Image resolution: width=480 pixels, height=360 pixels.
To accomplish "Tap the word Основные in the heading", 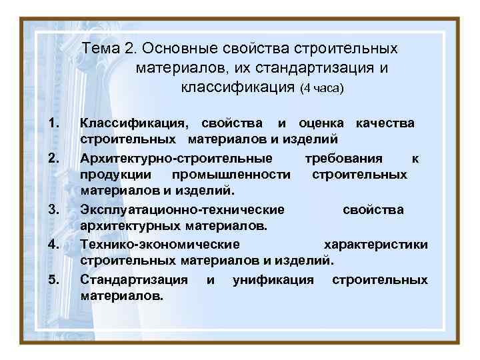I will click(x=171, y=49).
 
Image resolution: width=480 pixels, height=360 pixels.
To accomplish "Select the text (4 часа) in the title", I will click(x=321, y=88).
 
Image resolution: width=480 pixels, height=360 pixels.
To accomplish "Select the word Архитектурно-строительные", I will click(x=176, y=158).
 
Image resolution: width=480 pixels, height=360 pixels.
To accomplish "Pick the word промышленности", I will click(x=231, y=175).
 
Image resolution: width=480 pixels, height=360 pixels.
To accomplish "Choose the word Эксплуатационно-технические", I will click(x=182, y=209).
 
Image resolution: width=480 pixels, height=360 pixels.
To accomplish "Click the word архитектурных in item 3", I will click(x=126, y=226).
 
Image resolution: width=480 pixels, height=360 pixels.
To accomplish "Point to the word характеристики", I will click(x=376, y=244).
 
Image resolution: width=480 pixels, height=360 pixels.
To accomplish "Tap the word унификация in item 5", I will click(x=273, y=279).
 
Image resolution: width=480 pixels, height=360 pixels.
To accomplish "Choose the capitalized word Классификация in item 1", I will click(x=134, y=123).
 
